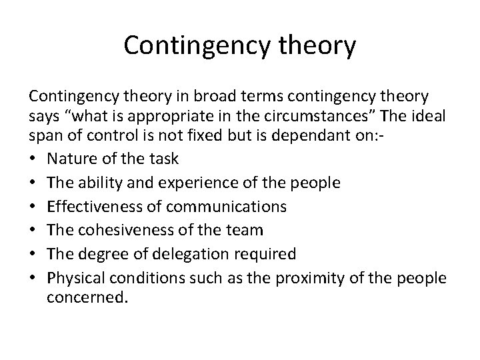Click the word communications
click(225, 207)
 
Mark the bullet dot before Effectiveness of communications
click(33, 207)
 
